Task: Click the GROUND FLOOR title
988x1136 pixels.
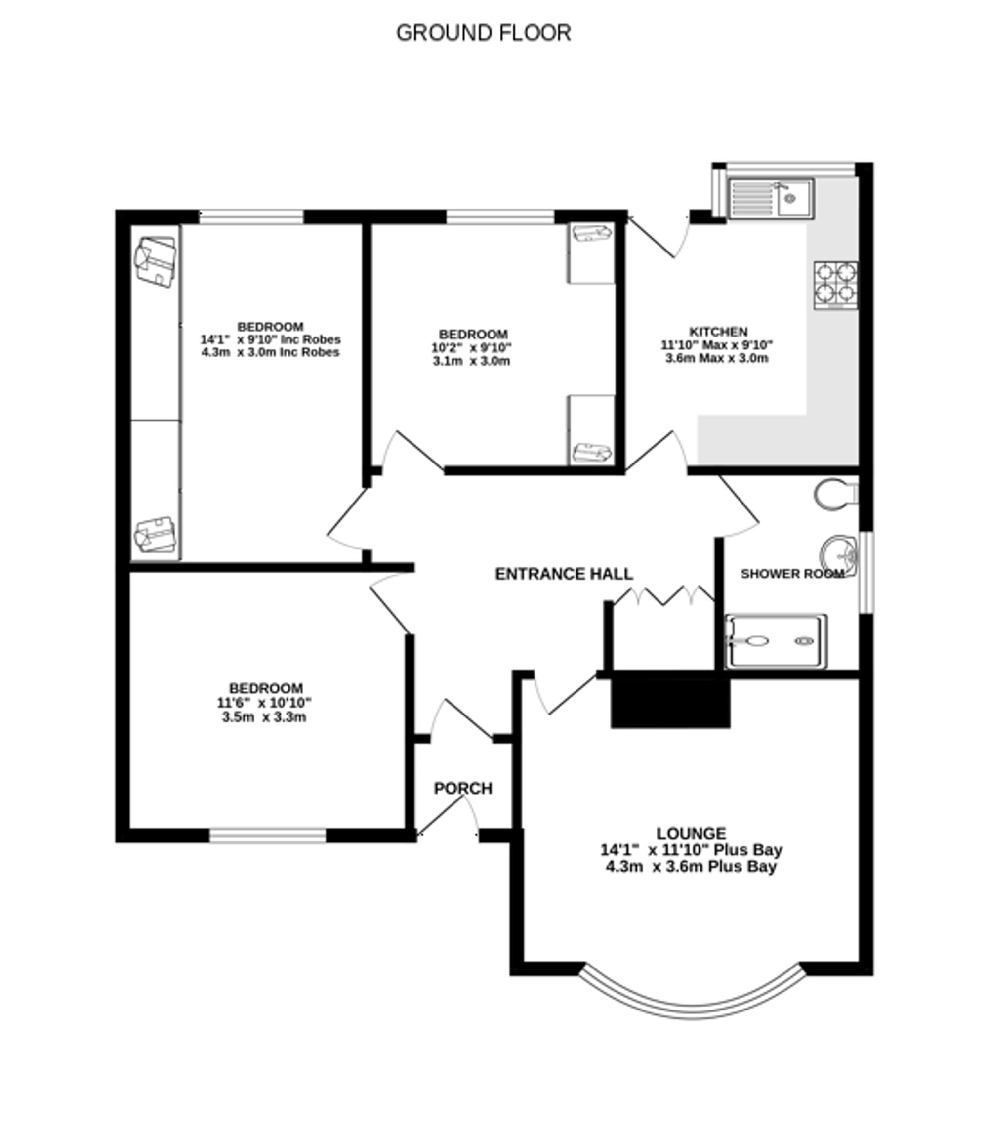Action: [x=484, y=33]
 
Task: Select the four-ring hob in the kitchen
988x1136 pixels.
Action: [x=836, y=285]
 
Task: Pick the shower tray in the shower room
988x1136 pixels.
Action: [x=776, y=641]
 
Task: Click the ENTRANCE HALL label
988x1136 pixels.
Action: [x=564, y=574]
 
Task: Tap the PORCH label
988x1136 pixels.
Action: [x=463, y=789]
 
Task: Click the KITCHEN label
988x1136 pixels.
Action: [x=718, y=332]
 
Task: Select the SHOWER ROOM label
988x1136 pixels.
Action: [x=792, y=574]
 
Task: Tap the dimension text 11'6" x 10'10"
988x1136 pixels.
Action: [x=265, y=703]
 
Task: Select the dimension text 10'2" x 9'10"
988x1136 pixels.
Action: [x=471, y=348]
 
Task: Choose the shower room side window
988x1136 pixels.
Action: [x=866, y=572]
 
